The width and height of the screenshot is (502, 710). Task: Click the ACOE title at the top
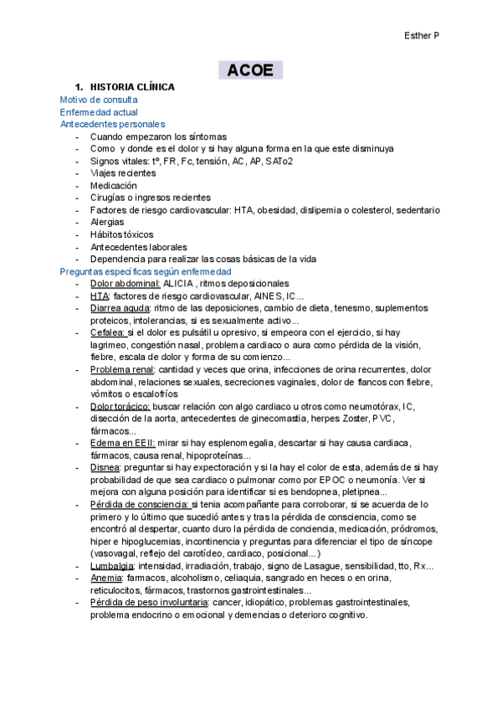tap(250, 70)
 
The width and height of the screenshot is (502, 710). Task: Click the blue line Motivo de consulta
tap(99, 100)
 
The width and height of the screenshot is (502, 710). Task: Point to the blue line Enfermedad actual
tap(99, 112)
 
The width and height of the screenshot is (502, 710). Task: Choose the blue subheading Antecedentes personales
tap(113, 125)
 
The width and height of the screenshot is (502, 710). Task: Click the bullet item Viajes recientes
tap(123, 173)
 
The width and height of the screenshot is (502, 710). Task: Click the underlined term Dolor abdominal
tap(125, 284)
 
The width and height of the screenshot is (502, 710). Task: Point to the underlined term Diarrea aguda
tap(122, 309)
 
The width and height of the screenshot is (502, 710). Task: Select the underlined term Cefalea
tap(108, 333)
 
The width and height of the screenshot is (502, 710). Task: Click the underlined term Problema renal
tap(122, 370)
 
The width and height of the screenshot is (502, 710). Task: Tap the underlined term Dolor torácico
tap(122, 407)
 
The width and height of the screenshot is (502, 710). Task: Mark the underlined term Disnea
tap(105, 468)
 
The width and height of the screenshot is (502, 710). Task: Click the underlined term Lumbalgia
tap(113, 566)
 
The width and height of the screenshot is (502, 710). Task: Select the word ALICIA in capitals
tap(179, 284)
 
